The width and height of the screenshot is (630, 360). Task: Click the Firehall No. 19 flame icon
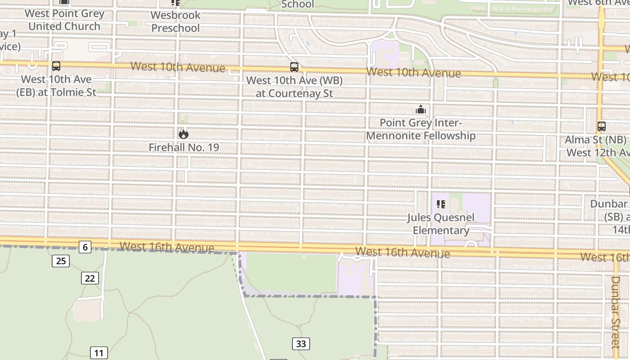click(x=183, y=134)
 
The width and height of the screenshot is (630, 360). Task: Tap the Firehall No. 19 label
click(x=184, y=147)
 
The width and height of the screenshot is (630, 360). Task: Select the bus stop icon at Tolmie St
click(x=56, y=66)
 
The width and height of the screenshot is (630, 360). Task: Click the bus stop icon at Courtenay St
click(x=294, y=67)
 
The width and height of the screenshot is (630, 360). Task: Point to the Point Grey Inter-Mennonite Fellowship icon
click(x=421, y=109)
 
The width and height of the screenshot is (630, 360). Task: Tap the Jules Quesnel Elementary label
click(x=441, y=224)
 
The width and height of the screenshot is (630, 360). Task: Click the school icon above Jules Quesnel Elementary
click(x=441, y=204)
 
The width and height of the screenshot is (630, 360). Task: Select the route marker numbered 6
click(x=85, y=247)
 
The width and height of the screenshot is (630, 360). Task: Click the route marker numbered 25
click(x=61, y=261)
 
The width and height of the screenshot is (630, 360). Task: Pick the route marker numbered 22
click(x=90, y=278)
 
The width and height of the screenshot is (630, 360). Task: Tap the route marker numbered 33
click(x=301, y=344)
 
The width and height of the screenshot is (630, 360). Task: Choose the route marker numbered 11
click(x=99, y=353)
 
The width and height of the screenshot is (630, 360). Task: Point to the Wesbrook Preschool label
click(x=175, y=22)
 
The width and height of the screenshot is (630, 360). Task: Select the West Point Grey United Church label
click(x=64, y=20)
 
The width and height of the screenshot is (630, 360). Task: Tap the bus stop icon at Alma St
click(x=602, y=126)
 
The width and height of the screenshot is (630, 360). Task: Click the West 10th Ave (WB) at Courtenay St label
click(x=295, y=87)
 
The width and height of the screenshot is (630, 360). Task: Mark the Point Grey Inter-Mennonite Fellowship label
click(x=421, y=129)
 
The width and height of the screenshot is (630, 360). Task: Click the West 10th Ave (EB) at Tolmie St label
click(x=56, y=85)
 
